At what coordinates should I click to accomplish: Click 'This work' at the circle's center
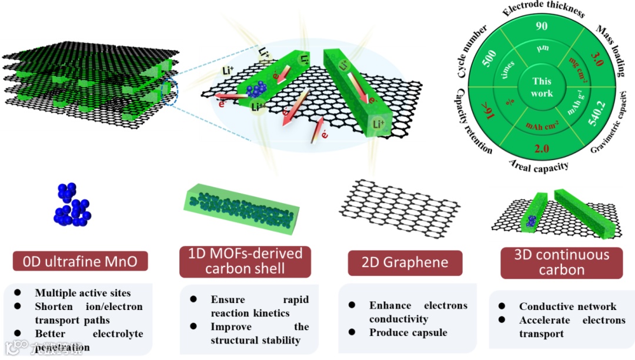tap(542, 87)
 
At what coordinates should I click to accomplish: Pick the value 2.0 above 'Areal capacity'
tap(542, 148)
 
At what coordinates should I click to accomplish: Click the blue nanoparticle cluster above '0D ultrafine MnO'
tap(71, 204)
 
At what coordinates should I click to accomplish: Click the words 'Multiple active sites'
tap(83, 292)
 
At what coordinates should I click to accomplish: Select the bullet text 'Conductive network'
tap(567, 306)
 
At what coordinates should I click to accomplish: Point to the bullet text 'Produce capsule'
tap(408, 332)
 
